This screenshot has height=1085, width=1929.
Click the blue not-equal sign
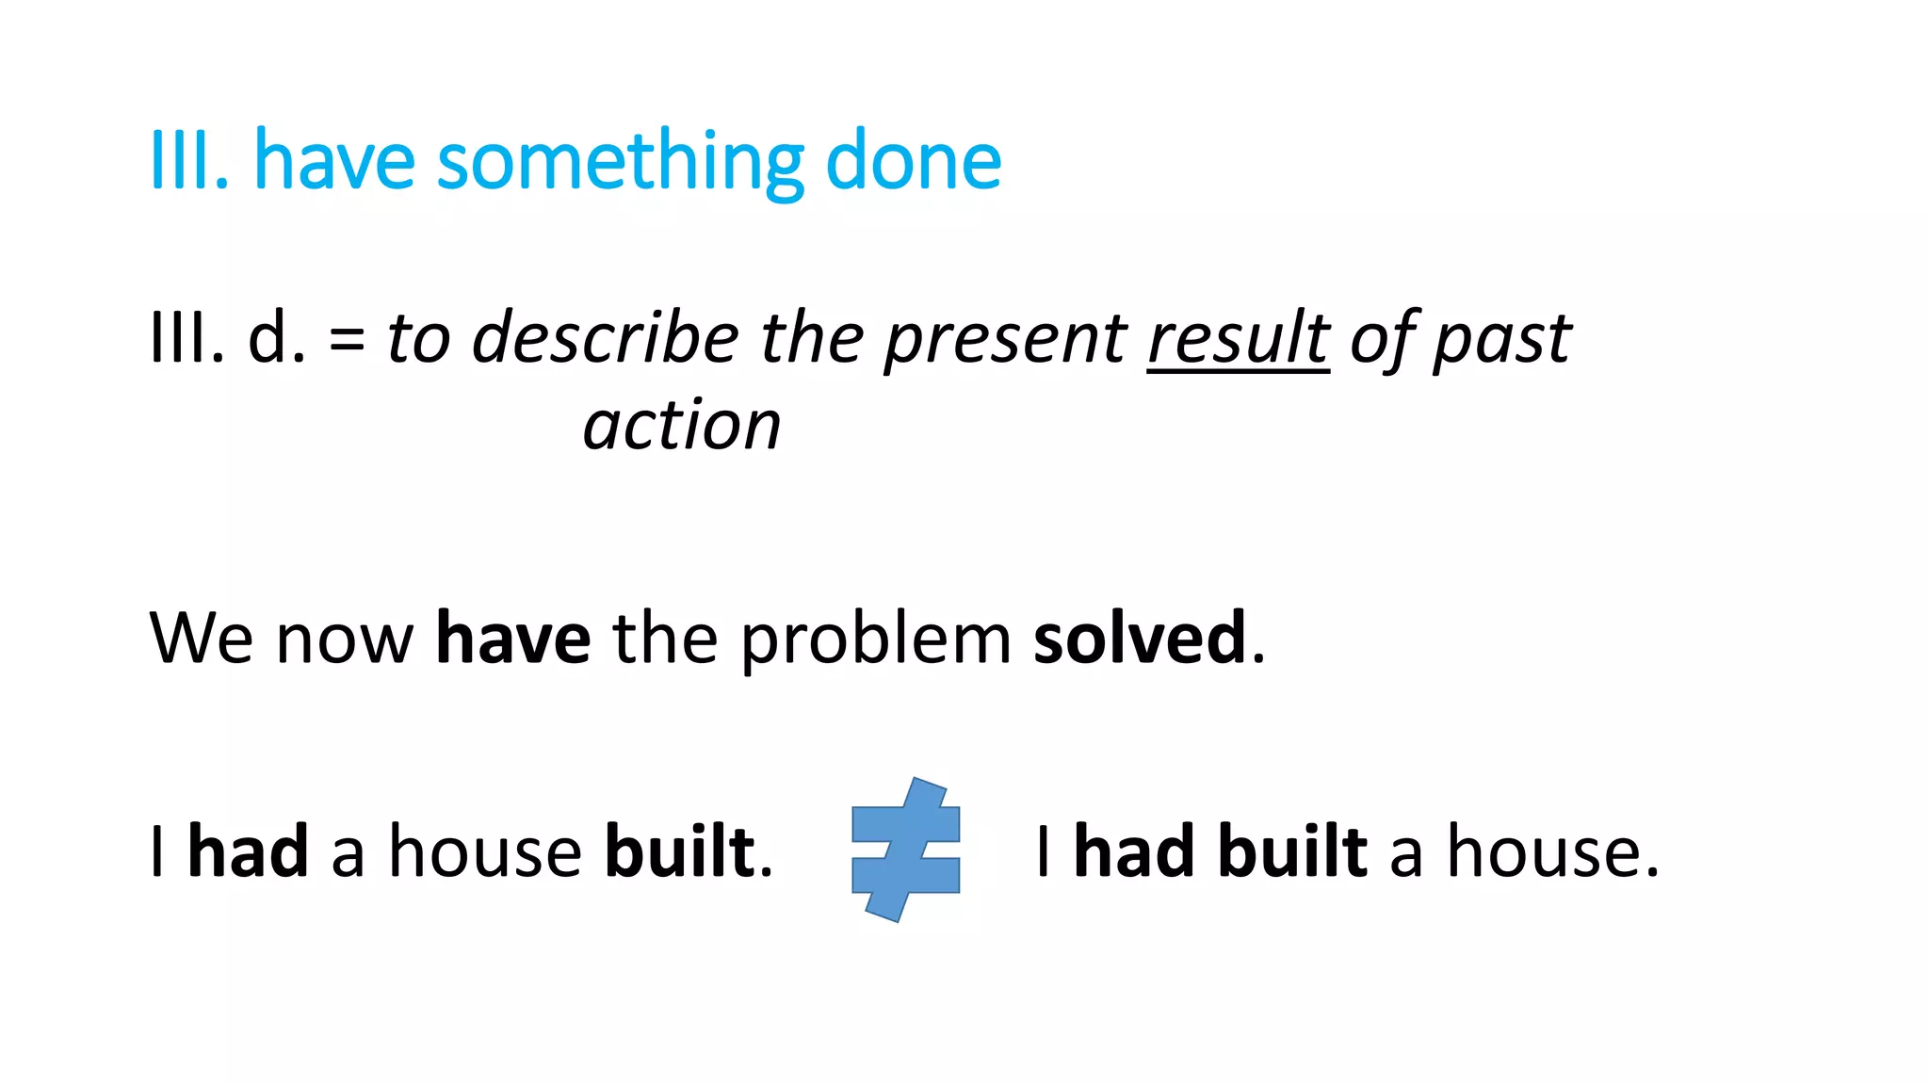point(905,850)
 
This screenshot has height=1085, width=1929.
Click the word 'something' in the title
point(621,162)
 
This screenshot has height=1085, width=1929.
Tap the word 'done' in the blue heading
point(913,162)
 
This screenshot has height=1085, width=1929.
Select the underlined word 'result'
point(1238,338)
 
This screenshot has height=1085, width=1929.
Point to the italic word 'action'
point(682,426)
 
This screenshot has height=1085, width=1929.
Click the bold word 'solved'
point(1140,639)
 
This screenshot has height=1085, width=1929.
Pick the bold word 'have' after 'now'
point(513,639)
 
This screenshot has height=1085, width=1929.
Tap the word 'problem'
point(876,639)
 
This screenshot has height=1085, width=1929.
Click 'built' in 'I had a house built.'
point(680,851)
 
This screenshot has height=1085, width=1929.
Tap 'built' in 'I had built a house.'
point(1292,851)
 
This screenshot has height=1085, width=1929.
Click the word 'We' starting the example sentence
point(201,639)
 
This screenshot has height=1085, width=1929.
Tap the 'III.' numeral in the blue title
point(189,162)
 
